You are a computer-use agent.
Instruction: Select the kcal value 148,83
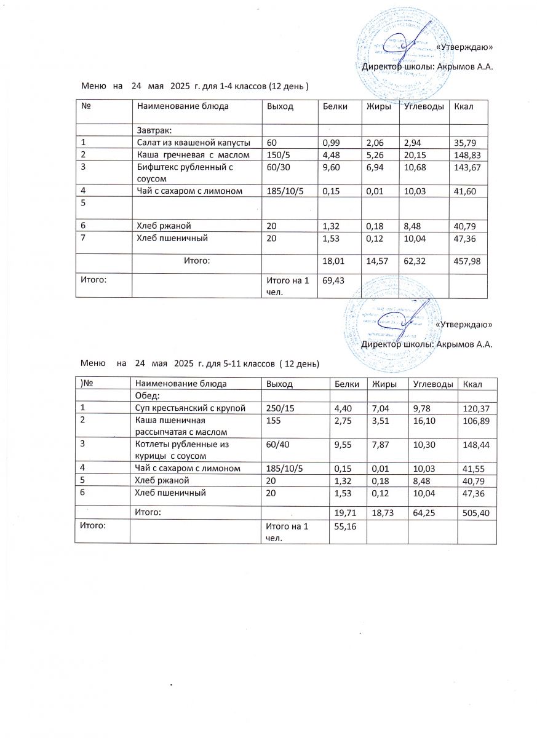tap(467, 155)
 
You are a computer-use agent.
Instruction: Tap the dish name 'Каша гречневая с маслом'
tap(193, 155)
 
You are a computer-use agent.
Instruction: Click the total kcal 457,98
tap(467, 261)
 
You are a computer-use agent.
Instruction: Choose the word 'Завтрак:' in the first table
tap(154, 130)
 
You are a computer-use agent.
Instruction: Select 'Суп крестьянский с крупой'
tap(191, 407)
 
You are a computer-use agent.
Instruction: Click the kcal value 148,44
tap(478, 444)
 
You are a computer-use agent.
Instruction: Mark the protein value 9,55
tap(342, 444)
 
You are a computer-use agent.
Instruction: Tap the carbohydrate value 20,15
tap(415, 155)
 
